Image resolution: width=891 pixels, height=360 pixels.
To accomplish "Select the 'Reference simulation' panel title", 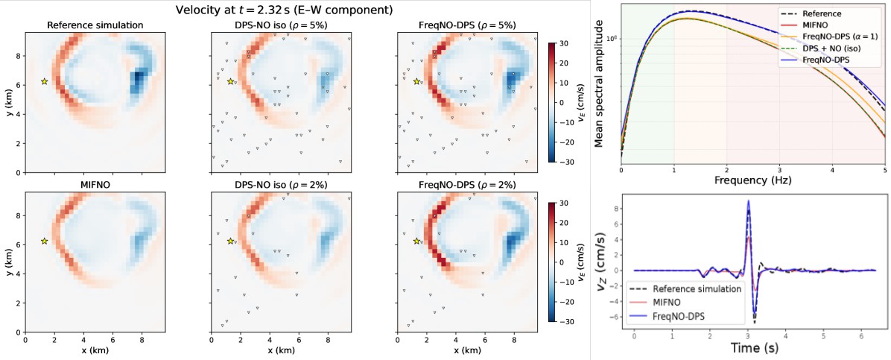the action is pos(95,25).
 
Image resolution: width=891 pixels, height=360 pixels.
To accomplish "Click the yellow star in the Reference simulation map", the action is pos(44,81).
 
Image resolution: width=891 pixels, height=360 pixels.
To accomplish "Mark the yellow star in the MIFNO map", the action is pos(44,241).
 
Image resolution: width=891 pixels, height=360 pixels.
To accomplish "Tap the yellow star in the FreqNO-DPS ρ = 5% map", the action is pos(416,81).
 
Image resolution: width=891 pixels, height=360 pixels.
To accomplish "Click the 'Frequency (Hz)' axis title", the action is pos(753,180).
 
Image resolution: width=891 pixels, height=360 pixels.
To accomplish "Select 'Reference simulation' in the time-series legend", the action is pos(698,288).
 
